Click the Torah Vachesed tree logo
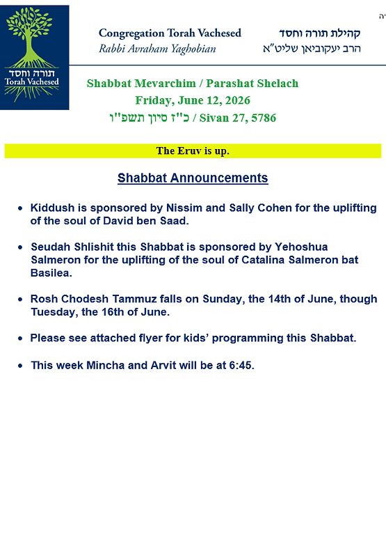pos(34,57)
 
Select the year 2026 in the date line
pos(237,100)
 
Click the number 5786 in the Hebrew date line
pos(264,118)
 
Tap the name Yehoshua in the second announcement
pos(301,247)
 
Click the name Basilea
pos(51,273)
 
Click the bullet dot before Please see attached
pos(20,339)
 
